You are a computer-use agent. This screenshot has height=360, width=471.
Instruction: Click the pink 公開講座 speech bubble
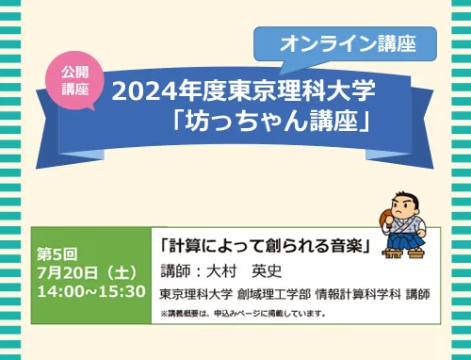pyautogui.click(x=74, y=80)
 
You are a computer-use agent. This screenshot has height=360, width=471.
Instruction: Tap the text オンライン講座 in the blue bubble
pyautogui.click(x=348, y=43)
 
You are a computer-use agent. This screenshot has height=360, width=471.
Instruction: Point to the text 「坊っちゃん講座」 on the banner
pyautogui.click(x=270, y=121)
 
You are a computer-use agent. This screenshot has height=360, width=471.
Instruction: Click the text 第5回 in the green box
pyautogui.click(x=57, y=254)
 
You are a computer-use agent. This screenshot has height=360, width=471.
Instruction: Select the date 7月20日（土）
pyautogui.click(x=88, y=272)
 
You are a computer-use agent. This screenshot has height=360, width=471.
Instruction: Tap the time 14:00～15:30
pyautogui.click(x=91, y=291)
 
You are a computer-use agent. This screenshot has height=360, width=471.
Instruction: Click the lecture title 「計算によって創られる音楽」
pyautogui.click(x=266, y=245)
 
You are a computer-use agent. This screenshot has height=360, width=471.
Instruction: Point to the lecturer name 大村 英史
pyautogui.click(x=244, y=271)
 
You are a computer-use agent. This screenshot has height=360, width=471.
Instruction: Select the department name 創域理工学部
pyautogui.click(x=274, y=294)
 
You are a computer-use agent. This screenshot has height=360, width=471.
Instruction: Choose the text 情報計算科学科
pyautogui.click(x=358, y=294)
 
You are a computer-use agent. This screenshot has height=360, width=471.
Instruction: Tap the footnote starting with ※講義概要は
pyautogui.click(x=242, y=313)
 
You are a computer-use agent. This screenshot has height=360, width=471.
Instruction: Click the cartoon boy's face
pyautogui.click(x=405, y=207)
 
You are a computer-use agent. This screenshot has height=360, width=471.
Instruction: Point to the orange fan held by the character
pyautogui.click(x=385, y=215)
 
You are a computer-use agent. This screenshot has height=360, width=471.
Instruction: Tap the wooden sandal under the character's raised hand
pyautogui.click(x=392, y=254)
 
